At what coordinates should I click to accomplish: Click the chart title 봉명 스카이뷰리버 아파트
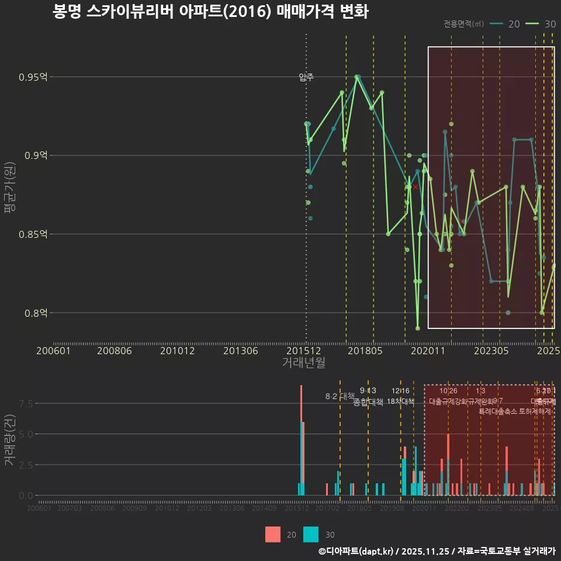210,12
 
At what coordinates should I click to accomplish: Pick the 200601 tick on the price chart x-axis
53,351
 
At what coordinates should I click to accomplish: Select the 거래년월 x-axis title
303,363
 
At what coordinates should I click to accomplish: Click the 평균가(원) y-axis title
9,189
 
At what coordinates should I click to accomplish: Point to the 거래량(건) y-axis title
9,441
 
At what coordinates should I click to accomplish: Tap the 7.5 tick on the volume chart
27,403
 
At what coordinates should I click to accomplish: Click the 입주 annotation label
306,77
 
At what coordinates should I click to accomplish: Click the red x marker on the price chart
415,187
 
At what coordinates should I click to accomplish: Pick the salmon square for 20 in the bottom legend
273,535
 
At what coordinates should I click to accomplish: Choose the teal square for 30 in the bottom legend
311,535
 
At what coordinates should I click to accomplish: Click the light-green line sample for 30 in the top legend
532,24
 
